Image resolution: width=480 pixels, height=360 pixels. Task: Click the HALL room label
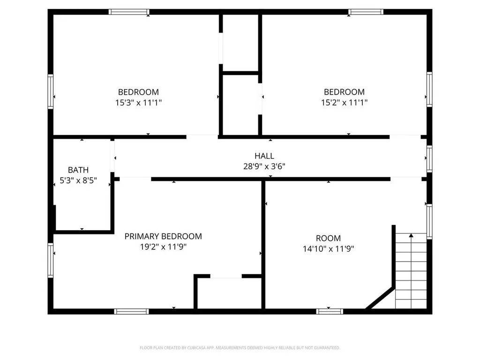point(264,156)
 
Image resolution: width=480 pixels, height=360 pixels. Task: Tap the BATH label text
point(78,170)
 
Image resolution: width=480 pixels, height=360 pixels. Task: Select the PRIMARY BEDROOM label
point(163,236)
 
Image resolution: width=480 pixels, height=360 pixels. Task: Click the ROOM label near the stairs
point(328,238)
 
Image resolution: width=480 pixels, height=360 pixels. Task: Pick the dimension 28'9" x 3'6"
point(264,166)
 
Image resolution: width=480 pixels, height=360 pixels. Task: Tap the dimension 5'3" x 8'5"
point(78,180)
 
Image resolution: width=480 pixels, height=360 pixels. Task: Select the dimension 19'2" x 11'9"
point(163,247)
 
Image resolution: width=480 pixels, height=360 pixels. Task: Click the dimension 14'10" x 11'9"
point(328,249)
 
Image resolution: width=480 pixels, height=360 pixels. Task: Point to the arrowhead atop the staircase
point(411,235)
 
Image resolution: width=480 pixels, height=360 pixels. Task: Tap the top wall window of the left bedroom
point(129,12)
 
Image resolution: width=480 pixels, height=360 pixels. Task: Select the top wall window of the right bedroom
point(366,12)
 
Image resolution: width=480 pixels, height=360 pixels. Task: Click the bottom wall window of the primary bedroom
point(132,311)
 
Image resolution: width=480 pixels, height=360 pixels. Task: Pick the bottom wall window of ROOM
point(330,311)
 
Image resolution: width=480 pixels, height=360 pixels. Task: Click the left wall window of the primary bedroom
point(51,260)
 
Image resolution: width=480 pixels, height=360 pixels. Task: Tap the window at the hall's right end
point(429,158)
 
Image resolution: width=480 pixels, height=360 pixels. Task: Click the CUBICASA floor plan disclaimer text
point(240,348)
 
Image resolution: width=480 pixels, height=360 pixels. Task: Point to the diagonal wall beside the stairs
point(380,298)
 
